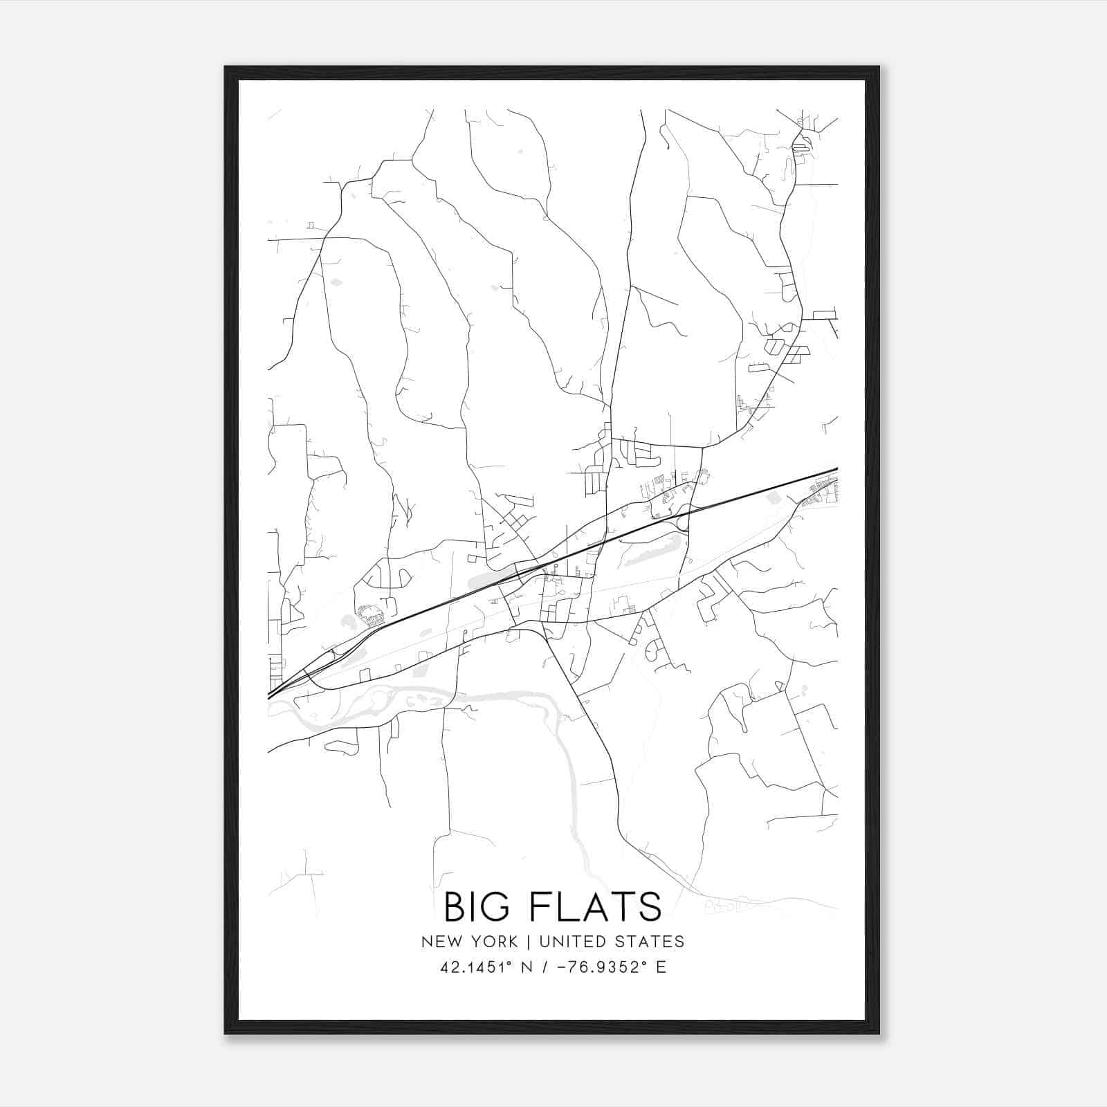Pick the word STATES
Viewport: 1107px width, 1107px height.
click(x=650, y=942)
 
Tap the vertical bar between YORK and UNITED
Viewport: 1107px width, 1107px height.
click(x=528, y=942)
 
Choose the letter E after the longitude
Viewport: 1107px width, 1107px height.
click(x=661, y=967)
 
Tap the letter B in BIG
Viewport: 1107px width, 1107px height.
click(x=455, y=907)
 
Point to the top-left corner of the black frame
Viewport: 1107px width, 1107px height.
click(x=226, y=68)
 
